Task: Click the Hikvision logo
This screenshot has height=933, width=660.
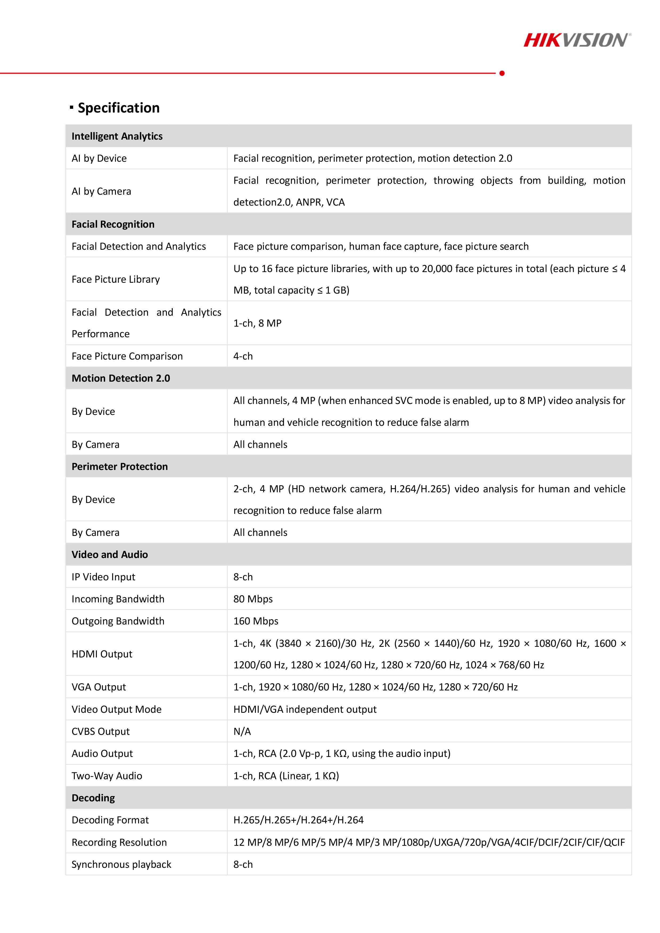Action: pos(577,40)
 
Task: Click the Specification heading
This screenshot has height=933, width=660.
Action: pos(118,108)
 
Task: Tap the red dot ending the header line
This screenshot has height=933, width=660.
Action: pos(502,73)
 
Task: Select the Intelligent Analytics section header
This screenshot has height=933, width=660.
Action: pos(117,136)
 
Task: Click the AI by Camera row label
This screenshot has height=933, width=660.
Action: pos(101,191)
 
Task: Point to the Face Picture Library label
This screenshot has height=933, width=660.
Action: pos(115,279)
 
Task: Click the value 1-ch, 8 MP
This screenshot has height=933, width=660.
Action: pos(257,323)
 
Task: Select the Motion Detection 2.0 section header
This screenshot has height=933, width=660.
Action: pos(121,378)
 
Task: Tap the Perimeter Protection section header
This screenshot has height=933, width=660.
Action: pos(119,466)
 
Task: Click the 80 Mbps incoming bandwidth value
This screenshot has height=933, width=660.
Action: pos(253,599)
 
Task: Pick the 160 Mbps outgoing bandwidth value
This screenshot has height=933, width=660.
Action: pos(256,621)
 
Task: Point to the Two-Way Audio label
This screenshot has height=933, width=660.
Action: pos(107,776)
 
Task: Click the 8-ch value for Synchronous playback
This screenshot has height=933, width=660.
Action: pos(243,864)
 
